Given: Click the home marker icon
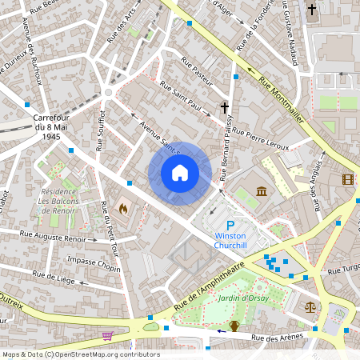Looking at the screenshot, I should tap(180, 173).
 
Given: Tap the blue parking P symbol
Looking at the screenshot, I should tap(231, 226).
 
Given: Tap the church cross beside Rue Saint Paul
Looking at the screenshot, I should tap(225, 107).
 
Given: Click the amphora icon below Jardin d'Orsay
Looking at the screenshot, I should tap(234, 325).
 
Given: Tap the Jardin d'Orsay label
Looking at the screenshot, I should tap(241, 298).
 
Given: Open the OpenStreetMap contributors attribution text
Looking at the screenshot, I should tap(80, 354).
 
